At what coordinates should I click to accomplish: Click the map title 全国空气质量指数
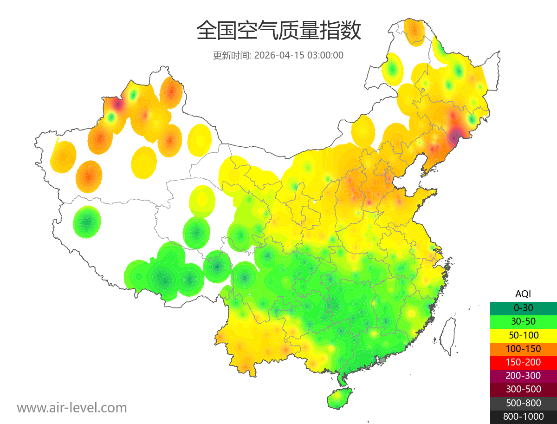click(x=278, y=31)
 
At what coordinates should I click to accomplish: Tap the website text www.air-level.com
click(x=72, y=408)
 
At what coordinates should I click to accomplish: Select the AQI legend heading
click(x=523, y=294)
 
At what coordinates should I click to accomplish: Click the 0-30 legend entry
click(x=523, y=307)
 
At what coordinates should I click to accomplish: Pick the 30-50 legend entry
click(x=523, y=321)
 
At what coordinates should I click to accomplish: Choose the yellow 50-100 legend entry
click(x=523, y=335)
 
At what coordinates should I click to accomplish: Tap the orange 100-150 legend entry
click(x=523, y=348)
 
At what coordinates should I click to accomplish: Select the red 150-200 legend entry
click(x=523, y=362)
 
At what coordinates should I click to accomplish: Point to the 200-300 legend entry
click(x=523, y=376)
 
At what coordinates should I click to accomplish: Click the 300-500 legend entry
click(x=523, y=389)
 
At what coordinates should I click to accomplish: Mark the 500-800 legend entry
click(x=523, y=403)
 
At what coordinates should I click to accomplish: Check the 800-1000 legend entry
click(x=523, y=417)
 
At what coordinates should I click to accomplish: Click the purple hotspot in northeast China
click(x=454, y=136)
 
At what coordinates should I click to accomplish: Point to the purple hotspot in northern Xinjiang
click(x=118, y=104)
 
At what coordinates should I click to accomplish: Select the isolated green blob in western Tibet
click(x=87, y=222)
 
